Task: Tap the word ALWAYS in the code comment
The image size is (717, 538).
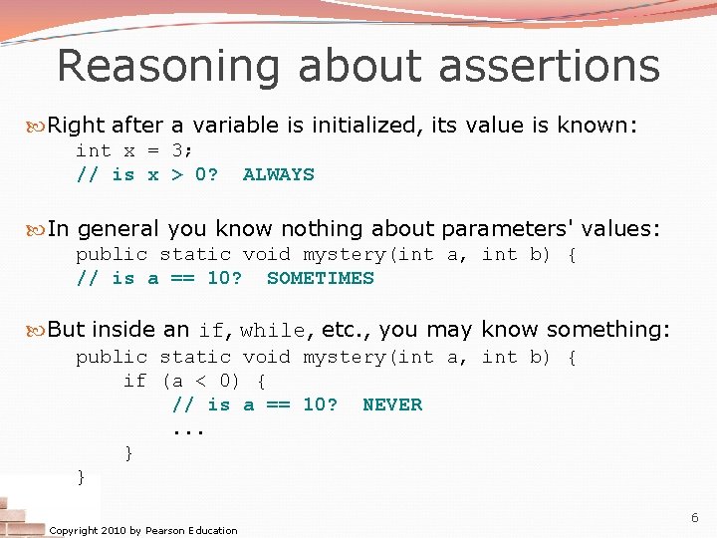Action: point(278,174)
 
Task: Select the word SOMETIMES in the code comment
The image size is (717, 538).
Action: point(320,278)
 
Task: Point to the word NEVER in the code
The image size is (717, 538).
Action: point(391,404)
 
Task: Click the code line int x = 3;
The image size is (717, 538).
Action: point(134,150)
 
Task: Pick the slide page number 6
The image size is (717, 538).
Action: point(694,518)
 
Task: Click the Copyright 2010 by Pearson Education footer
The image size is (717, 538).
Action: point(143,530)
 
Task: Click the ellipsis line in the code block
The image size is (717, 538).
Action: point(188,430)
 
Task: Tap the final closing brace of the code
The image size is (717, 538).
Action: point(82,477)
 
